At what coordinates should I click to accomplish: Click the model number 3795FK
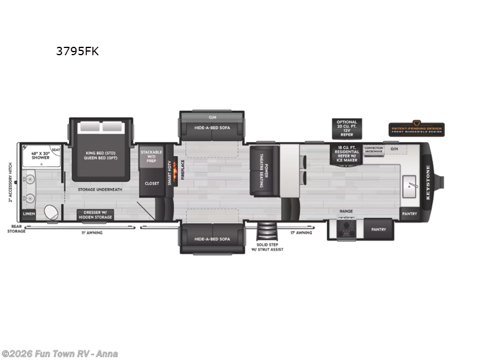77,51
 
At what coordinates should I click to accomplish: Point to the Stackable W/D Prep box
151,157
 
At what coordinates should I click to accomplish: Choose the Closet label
152,183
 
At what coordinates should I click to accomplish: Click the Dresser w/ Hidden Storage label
95,214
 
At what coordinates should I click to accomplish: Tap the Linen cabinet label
29,214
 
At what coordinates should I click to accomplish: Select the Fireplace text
182,170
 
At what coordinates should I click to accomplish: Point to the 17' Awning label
301,232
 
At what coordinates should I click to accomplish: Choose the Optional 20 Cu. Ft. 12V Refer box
346,128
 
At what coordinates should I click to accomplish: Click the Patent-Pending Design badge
416,129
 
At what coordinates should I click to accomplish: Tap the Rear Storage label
16,229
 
